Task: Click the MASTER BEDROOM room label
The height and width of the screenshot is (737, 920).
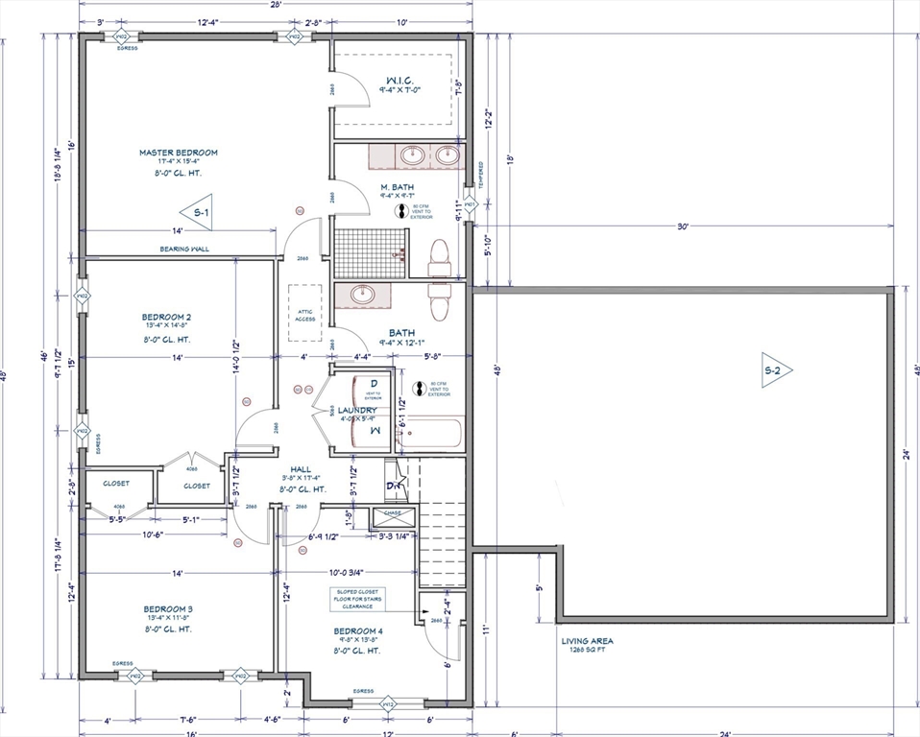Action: coord(179,153)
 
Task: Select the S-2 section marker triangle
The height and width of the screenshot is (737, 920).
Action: coord(776,369)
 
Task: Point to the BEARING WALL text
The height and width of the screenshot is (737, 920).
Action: coord(185,250)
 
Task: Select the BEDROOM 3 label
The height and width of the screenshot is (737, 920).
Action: coord(169,609)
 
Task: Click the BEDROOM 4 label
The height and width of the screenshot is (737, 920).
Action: coord(357,630)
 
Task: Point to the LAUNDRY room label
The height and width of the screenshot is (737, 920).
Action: coord(356,411)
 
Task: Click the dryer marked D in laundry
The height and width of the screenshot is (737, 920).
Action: coord(374,384)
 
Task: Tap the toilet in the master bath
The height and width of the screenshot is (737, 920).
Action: coord(441,258)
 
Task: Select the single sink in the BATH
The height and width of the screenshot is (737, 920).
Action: coord(364,295)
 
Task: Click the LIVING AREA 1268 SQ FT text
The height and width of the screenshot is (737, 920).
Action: coord(588,645)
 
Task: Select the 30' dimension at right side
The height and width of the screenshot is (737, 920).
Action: coord(682,227)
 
